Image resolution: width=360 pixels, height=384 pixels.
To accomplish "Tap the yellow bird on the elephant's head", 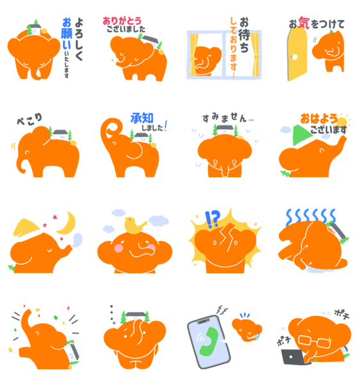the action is point(135,225).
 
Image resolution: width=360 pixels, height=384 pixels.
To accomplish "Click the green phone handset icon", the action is point(209,341).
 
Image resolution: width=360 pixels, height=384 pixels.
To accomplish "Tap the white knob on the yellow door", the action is point(294,57).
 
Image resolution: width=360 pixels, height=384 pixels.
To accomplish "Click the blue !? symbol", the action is point(212,219).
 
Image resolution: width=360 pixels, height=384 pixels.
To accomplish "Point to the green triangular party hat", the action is point(301,134).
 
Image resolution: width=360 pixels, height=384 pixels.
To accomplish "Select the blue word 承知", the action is point(142,118).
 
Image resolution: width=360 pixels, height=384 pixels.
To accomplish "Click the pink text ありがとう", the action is point(122,21).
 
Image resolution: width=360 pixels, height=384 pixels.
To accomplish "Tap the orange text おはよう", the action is point(318,119).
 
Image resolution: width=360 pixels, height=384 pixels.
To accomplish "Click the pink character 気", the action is point(304,23).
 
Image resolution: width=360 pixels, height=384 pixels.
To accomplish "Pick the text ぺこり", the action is point(29,119).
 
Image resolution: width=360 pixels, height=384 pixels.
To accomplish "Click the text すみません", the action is point(225,118).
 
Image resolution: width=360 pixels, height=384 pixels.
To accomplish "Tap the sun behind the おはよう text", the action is point(342,121).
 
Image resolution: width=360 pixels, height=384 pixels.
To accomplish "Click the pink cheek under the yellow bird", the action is point(119,248).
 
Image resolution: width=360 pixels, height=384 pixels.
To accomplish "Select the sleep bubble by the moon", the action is point(78,239).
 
